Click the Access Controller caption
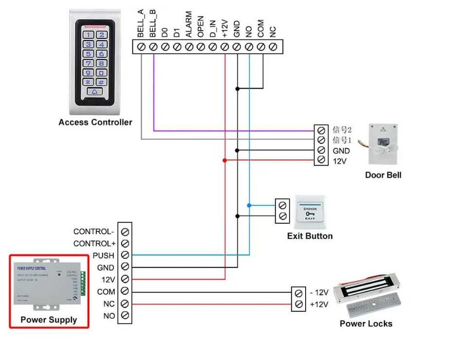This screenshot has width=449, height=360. tap(95, 122)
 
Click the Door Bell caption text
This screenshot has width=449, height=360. tap(383, 175)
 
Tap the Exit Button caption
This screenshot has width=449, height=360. tap(310, 236)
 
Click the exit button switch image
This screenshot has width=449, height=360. tap(310, 211)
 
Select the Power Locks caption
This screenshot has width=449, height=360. tap(366, 323)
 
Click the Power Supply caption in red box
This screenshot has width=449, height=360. tap(48, 320)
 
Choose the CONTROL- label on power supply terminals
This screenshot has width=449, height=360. tap(94, 232)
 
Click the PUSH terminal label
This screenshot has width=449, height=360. tap(104, 256)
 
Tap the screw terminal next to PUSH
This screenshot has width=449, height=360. tap(125, 256)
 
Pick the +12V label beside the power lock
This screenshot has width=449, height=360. tap(319, 304)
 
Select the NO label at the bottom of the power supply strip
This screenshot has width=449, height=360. tap(109, 316)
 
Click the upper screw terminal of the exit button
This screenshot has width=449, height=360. tap(283, 205)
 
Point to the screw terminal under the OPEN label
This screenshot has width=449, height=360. tap(201, 47)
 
